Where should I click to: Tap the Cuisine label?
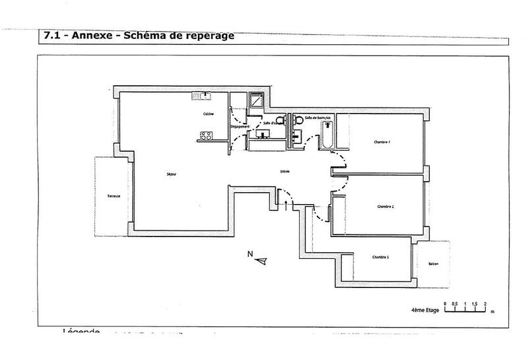coord(208,114)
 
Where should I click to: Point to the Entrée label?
coord(285,171)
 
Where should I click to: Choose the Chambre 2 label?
coord(385,207)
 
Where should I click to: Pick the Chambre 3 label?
coord(379,257)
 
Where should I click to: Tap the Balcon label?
coord(433,264)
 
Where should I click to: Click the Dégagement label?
coord(239,126)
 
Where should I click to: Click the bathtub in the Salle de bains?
coord(327,139)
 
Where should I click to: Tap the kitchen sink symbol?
coord(201,96)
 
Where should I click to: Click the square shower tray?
coord(255,102)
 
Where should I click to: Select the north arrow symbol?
coord(262,261)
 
